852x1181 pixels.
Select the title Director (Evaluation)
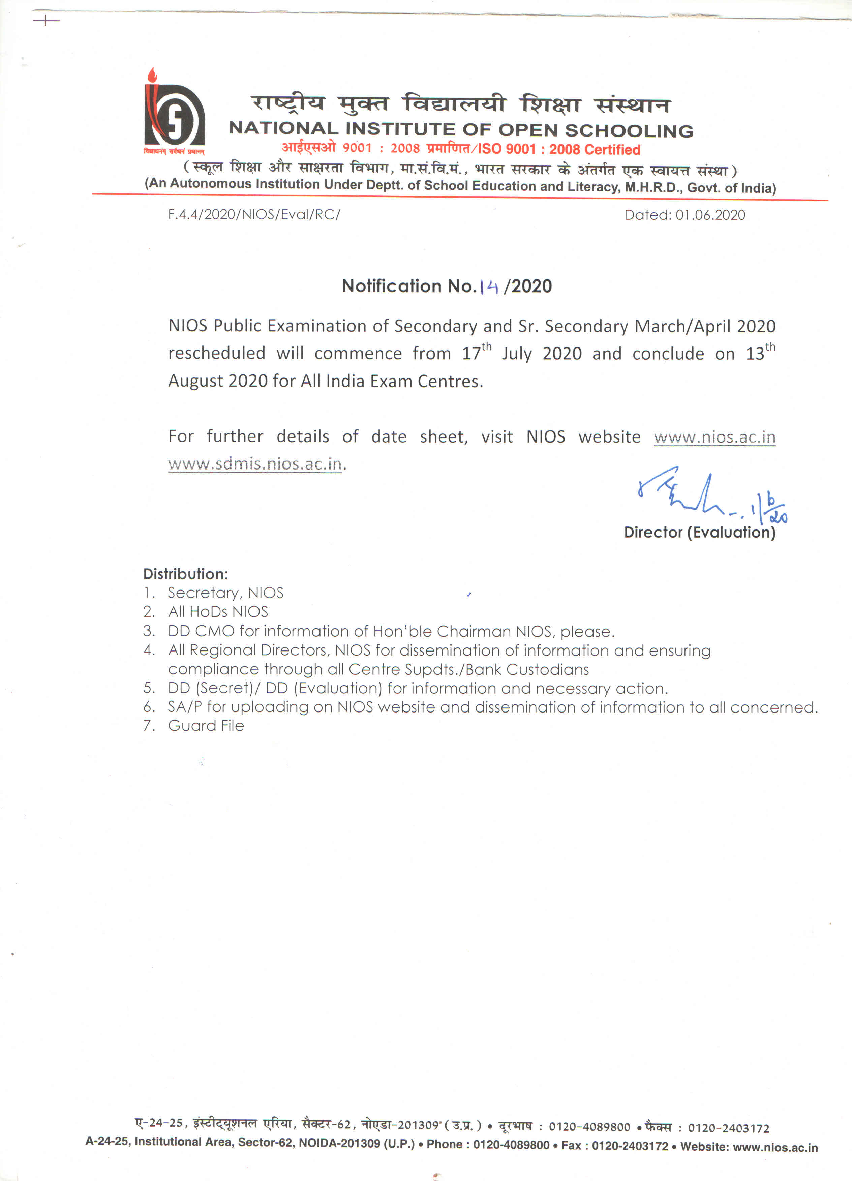(699, 532)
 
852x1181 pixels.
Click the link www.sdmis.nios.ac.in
(255, 463)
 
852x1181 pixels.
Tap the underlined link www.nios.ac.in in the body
(714, 436)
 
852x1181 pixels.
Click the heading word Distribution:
(185, 574)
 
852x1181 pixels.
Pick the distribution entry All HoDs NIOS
(218, 611)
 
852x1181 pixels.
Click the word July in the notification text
(517, 354)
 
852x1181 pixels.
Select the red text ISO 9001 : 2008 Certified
(559, 149)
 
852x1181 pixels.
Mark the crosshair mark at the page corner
(47, 21)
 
